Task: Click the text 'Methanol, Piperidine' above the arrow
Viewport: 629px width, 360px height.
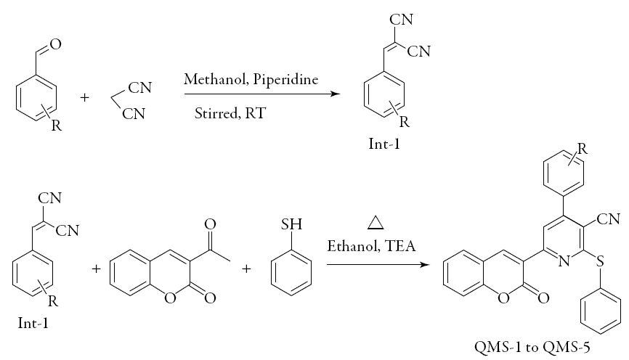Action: click(x=251, y=79)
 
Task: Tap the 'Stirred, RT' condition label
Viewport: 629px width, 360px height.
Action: click(x=225, y=113)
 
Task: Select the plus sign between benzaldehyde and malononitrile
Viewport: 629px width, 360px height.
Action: click(x=85, y=96)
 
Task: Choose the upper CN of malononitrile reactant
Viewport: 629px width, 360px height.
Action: click(x=139, y=88)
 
